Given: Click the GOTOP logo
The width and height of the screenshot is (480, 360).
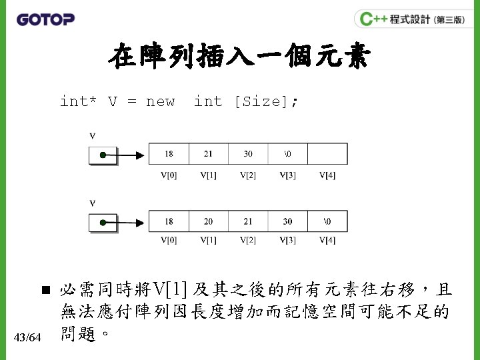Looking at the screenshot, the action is pyautogui.click(x=45, y=19).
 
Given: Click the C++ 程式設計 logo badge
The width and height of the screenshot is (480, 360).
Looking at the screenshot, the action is pyautogui.click(x=409, y=19).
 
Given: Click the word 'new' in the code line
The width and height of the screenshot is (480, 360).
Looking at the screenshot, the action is pyautogui.click(x=160, y=101).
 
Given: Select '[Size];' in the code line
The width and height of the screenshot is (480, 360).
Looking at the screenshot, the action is pyautogui.click(x=266, y=101).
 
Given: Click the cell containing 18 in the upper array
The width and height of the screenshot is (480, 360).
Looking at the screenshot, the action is pyautogui.click(x=169, y=154).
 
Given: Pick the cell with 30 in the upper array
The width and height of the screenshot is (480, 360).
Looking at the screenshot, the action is pyautogui.click(x=248, y=154).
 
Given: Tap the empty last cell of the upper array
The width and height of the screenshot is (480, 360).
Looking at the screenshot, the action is pyautogui.click(x=327, y=154).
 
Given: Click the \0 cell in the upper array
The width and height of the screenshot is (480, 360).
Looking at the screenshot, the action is pyautogui.click(x=287, y=154).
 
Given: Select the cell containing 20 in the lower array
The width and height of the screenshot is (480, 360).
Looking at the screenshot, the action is pyautogui.click(x=209, y=221).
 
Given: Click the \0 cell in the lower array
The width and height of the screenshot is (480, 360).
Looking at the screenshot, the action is pyautogui.click(x=327, y=221).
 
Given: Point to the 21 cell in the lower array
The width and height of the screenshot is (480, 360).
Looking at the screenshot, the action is pyautogui.click(x=248, y=221).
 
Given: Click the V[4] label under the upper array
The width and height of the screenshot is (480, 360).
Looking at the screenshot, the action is pyautogui.click(x=327, y=175).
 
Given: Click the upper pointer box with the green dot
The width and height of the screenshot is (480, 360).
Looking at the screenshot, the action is pyautogui.click(x=103, y=155).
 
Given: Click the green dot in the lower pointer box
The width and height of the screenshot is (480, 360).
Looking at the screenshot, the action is pyautogui.click(x=103, y=223).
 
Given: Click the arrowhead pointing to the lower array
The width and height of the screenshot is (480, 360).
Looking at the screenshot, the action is pyautogui.click(x=140, y=223).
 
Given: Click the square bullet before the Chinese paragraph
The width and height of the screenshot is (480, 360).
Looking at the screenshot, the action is pyautogui.click(x=45, y=291).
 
